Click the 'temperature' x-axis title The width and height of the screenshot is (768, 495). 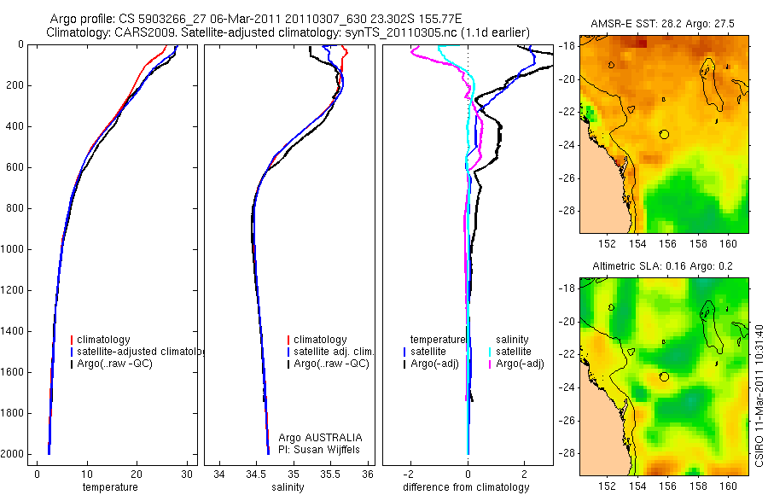[x=110, y=487]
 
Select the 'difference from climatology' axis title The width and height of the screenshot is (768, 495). [x=467, y=487]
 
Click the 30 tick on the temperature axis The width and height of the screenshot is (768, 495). [x=186, y=473]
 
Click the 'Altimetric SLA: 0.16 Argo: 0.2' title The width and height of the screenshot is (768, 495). [x=664, y=267]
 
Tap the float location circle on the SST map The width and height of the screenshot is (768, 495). [x=665, y=133]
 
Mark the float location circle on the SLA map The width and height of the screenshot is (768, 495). [x=665, y=376]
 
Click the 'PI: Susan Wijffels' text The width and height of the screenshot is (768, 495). [x=321, y=449]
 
